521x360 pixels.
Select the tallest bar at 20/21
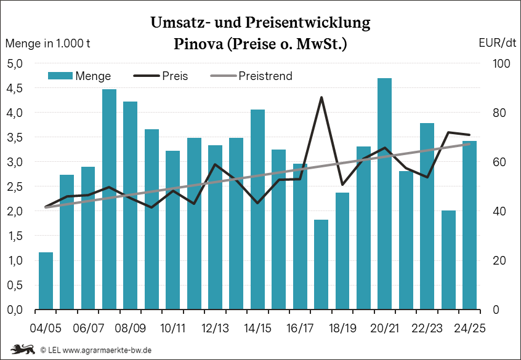tap(385, 194)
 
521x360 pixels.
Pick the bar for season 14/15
tap(257, 209)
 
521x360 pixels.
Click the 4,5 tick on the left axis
tap(15, 88)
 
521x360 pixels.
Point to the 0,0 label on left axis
tap(15, 310)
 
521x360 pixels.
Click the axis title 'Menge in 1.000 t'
tap(48, 44)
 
